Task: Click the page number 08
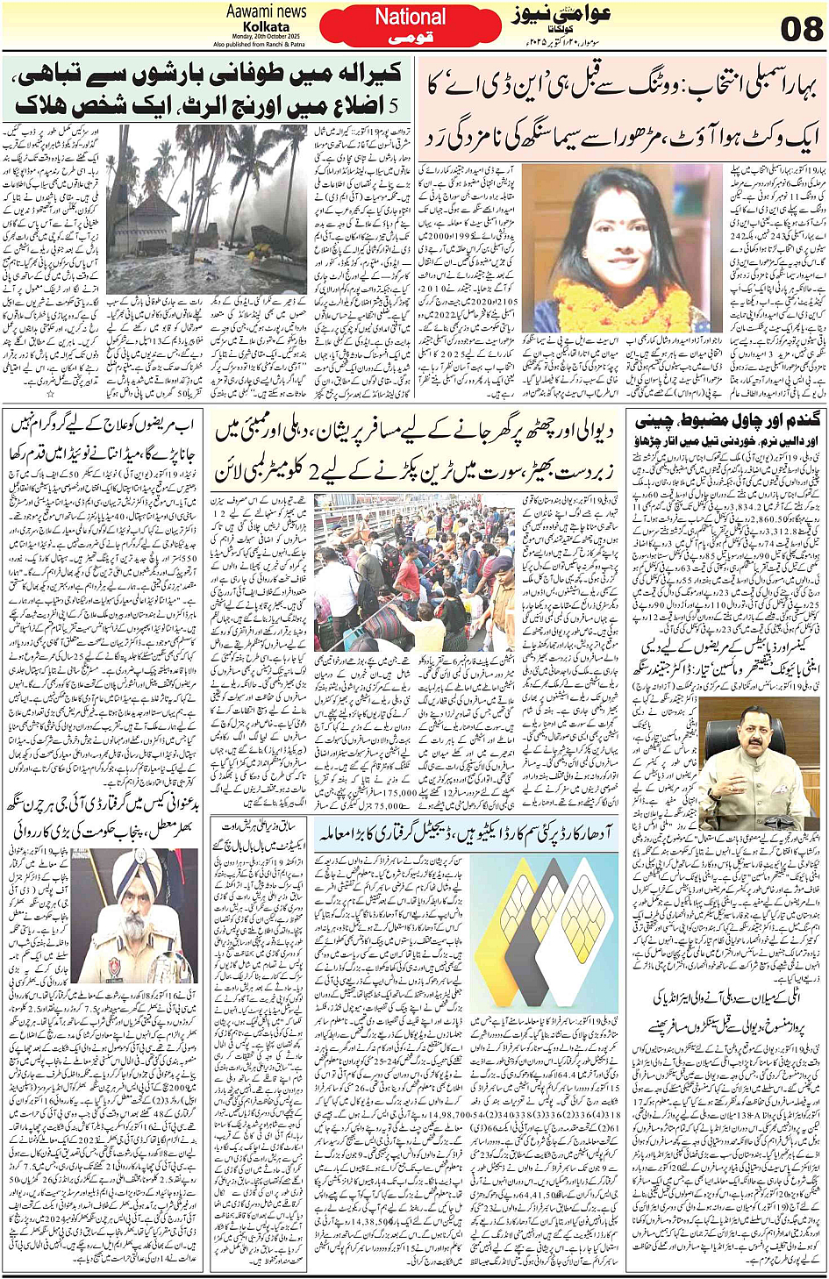click(x=800, y=29)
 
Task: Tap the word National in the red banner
click(x=410, y=17)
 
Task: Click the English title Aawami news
click(x=266, y=11)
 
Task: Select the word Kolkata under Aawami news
click(x=266, y=27)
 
